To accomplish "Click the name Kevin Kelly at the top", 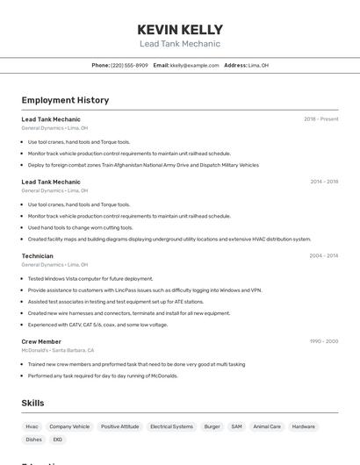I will tap(180, 30).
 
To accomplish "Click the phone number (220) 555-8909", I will tap(129, 65).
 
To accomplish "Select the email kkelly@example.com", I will tap(194, 65).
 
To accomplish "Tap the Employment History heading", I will tap(65, 100).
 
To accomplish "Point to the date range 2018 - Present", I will tap(321, 118).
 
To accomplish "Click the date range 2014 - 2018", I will tap(324, 182).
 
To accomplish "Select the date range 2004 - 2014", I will tap(323, 255).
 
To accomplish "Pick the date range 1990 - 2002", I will tap(323, 340).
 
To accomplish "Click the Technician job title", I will tap(37, 255).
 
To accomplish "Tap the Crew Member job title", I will tap(41, 340).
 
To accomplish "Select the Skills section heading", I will tap(32, 403).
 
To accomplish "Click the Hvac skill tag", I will tap(32, 426).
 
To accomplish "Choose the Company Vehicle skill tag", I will tap(69, 426).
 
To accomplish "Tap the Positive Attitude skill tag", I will tap(120, 426).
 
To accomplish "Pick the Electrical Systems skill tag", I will tap(171, 426).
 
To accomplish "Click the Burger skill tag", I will tap(212, 426).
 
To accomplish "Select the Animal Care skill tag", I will tap(267, 426).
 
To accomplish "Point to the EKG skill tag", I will tap(58, 440).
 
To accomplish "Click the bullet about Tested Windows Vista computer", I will tap(90, 278).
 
